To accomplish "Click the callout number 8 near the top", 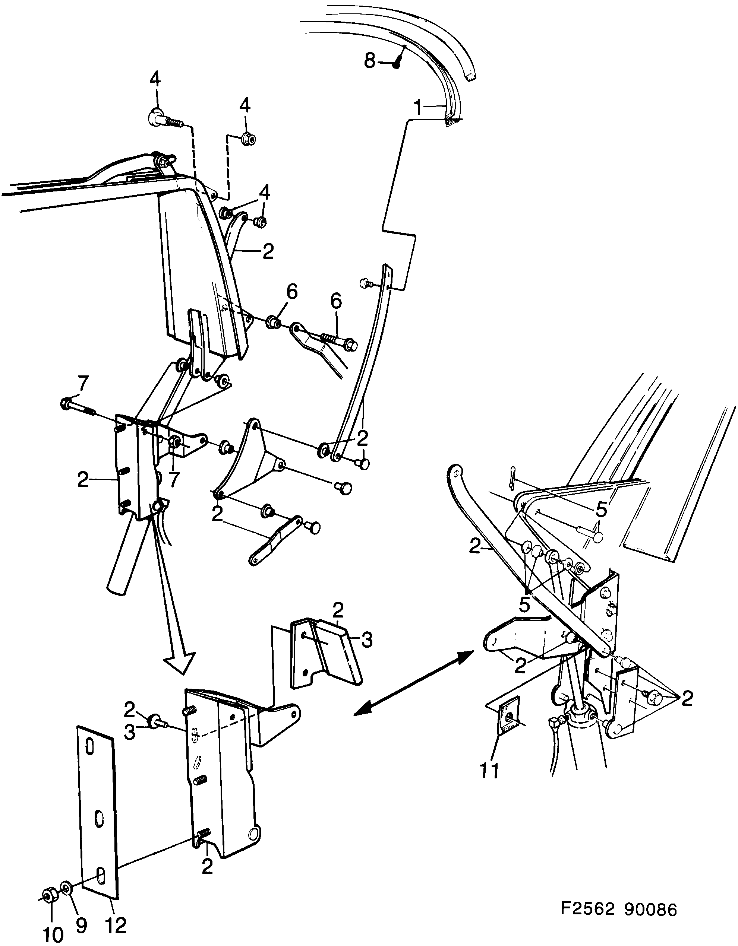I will (369, 61).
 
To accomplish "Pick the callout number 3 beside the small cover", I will (366, 652).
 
